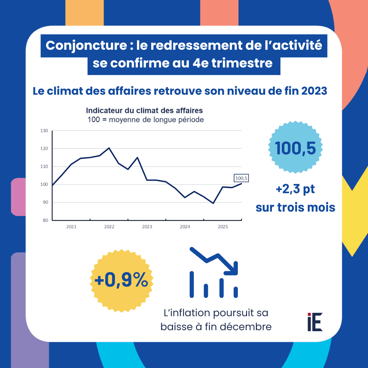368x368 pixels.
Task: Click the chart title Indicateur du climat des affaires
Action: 144,111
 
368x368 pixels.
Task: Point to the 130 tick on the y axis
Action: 44,131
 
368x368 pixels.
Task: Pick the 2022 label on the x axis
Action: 109,227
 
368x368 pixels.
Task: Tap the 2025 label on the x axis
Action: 223,227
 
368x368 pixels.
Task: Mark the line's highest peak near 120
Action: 109,148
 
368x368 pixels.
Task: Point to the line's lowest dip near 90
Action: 213,203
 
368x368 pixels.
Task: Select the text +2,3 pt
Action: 295,189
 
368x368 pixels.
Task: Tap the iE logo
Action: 315,322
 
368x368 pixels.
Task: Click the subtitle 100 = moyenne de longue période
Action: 145,120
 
